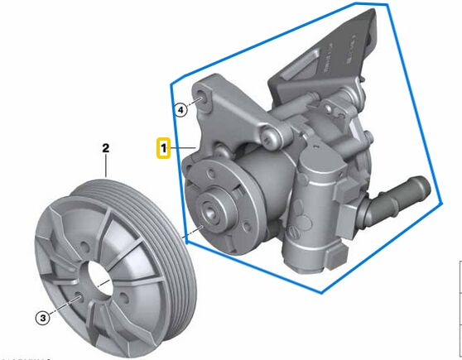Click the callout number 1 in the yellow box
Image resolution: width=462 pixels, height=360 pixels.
164,149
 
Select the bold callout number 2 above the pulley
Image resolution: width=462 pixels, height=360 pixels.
106,149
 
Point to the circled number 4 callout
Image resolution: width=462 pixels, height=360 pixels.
180,108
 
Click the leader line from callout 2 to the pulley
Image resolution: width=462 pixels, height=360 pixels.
106,167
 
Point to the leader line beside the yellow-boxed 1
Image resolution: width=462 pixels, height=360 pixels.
183,149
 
